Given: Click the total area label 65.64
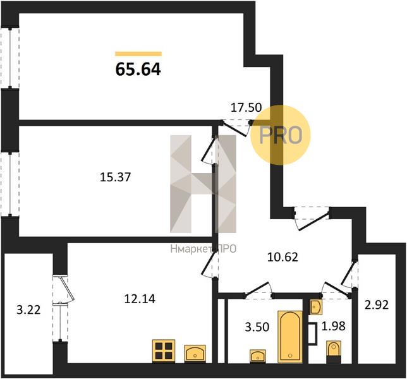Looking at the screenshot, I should pos(138,69).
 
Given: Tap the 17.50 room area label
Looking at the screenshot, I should pos(245,109).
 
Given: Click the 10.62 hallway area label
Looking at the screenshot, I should pos(282,257).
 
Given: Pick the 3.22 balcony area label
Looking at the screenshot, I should pos(27,310).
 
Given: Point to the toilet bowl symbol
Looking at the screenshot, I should pos(333,349).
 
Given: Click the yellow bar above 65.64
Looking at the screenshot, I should pos(138,54).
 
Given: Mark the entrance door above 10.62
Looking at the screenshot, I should pos(311,215).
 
